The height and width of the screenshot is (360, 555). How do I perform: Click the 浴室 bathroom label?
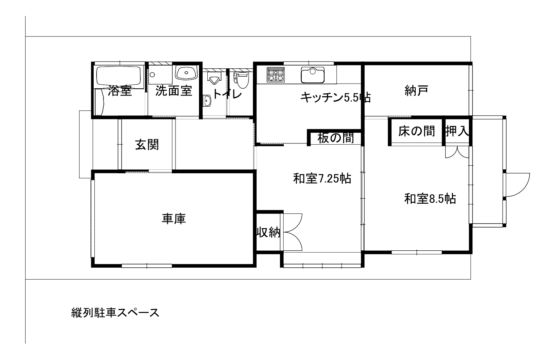[x=120, y=91]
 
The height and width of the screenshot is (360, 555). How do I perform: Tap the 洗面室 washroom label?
[x=174, y=91]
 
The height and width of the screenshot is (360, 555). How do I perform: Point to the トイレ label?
[x=227, y=94]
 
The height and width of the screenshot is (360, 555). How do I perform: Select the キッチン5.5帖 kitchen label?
[x=335, y=97]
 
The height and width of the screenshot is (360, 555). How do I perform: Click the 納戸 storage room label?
[x=416, y=91]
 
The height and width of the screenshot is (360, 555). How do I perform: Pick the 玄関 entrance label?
[x=147, y=145]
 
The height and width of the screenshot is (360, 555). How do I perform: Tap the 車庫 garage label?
[x=174, y=219]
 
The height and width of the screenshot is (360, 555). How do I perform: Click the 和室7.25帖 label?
[x=322, y=178]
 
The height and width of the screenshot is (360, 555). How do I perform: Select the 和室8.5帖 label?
[x=430, y=199]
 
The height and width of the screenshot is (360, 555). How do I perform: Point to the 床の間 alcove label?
[x=416, y=131]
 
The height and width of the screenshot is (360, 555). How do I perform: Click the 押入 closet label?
[x=457, y=131]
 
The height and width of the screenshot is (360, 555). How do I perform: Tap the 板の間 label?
[x=335, y=138]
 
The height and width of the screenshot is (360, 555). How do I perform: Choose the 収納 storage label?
[x=268, y=232]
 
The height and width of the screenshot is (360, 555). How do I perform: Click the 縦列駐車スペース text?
[x=115, y=313]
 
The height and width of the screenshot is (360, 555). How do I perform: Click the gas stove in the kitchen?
[x=275, y=75]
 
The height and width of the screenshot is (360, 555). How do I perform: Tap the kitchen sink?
[x=313, y=75]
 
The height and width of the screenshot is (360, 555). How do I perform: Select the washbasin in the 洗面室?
[x=186, y=73]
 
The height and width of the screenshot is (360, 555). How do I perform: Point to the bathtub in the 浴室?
[x=120, y=76]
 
